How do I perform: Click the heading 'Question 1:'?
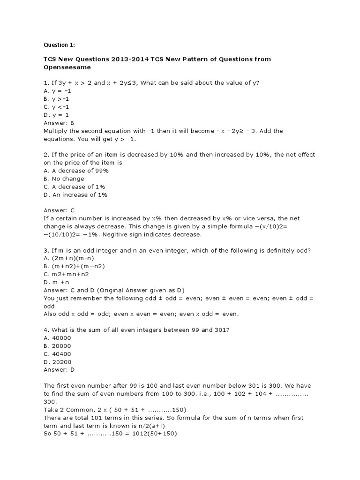(59, 45)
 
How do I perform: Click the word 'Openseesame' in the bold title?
(64, 67)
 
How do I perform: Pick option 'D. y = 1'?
(56, 115)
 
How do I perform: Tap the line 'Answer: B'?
(59, 123)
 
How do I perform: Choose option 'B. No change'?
(64, 179)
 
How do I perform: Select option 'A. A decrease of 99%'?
(76, 171)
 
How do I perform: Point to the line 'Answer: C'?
(59, 211)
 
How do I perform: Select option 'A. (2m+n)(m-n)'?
(67, 258)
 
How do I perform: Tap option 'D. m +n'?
(56, 282)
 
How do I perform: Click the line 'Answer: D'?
(59, 370)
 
